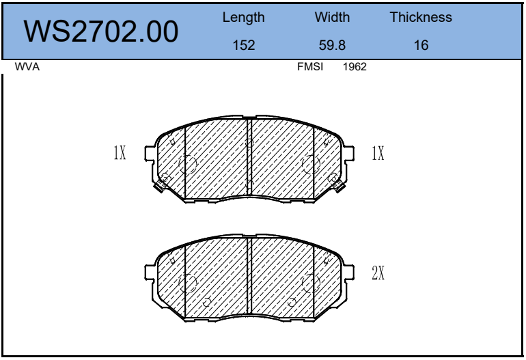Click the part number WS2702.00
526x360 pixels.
click(100, 31)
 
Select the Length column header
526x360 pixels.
click(244, 18)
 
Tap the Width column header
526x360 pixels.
click(332, 17)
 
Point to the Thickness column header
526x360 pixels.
click(421, 17)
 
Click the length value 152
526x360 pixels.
click(244, 45)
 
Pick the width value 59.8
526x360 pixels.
click(332, 45)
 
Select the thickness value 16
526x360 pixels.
click(421, 45)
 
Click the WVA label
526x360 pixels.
click(27, 67)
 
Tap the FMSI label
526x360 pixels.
click(310, 67)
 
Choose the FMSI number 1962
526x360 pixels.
click(355, 67)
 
